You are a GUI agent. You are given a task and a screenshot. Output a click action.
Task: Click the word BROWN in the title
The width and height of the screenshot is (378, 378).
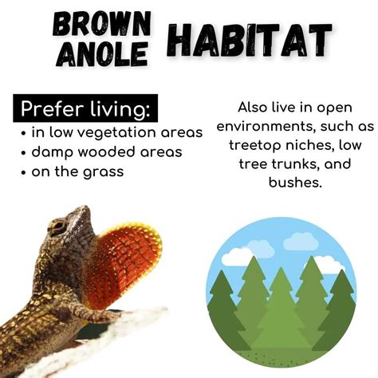pos(101,25)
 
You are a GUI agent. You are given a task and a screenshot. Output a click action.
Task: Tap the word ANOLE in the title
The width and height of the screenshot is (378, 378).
pos(101,54)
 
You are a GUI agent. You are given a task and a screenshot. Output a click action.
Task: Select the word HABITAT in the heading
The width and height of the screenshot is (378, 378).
pos(250,41)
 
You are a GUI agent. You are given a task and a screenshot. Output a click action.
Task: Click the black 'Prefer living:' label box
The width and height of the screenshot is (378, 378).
pos(85,108)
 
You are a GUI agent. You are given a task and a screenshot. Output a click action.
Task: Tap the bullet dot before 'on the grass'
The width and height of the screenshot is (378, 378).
pos(24,173)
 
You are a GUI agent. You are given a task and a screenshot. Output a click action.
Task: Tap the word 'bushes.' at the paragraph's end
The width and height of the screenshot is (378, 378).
pos(295,183)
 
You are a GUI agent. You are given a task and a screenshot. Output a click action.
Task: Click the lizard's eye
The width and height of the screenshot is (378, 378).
pos(57,227)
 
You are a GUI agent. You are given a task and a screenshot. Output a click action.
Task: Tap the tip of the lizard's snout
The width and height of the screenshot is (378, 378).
pos(85,207)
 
